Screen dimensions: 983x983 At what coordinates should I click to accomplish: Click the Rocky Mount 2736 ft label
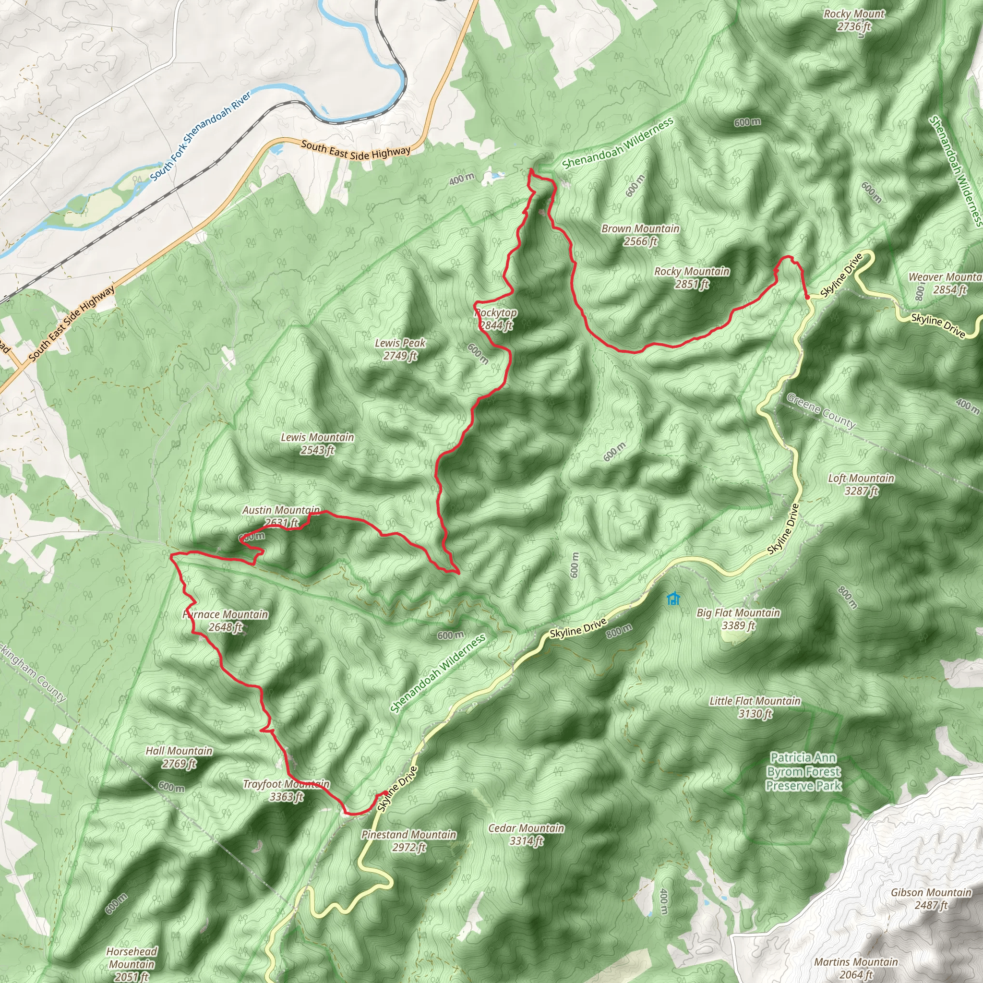[x=854, y=20]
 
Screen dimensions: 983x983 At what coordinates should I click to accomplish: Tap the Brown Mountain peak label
[x=640, y=235]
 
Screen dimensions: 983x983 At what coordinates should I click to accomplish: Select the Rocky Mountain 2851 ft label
[x=692, y=278]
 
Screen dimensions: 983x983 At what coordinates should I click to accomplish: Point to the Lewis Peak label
[x=400, y=349]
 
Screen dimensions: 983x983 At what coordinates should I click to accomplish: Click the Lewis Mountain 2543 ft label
[x=317, y=444]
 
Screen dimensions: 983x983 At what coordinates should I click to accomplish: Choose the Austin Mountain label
[x=281, y=516]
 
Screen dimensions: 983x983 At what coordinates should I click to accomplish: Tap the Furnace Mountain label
[x=226, y=621]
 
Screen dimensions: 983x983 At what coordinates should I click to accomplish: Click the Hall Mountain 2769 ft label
[x=179, y=757]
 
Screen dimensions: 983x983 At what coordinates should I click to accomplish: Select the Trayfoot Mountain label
[x=286, y=790]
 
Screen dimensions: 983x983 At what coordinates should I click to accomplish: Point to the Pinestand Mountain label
[x=408, y=840]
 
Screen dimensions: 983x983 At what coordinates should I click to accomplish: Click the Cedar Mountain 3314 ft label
[x=526, y=834]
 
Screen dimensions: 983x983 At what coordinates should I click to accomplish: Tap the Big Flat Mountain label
[x=738, y=619]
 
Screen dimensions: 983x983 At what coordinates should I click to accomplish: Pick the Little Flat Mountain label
[x=755, y=707]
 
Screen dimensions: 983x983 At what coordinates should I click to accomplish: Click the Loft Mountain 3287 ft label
[x=861, y=484]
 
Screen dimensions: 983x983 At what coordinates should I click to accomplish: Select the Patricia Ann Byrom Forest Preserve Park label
[x=803, y=772]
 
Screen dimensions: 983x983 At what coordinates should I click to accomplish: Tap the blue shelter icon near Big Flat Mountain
[x=673, y=599]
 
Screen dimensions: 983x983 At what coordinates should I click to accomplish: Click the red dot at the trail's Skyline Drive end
[x=807, y=297]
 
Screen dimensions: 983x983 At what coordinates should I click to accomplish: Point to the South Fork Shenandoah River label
[x=201, y=136]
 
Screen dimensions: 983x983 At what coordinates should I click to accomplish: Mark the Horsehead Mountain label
[x=132, y=964]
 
